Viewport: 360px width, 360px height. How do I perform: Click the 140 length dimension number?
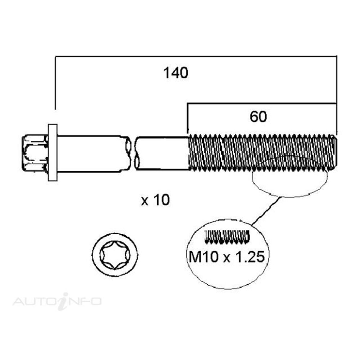(176, 73)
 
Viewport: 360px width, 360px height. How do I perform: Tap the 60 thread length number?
(258, 117)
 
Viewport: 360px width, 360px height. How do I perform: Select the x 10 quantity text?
(156, 200)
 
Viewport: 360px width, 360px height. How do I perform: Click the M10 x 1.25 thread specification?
(226, 257)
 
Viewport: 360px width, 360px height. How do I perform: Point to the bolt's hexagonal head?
(35, 153)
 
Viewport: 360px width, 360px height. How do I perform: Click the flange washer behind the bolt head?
(53, 153)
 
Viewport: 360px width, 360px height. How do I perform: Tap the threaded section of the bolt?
(262, 153)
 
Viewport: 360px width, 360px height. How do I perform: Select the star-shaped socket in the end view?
(115, 255)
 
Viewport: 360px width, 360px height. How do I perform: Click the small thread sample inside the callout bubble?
(227, 237)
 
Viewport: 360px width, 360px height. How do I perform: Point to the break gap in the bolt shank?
(133, 153)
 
